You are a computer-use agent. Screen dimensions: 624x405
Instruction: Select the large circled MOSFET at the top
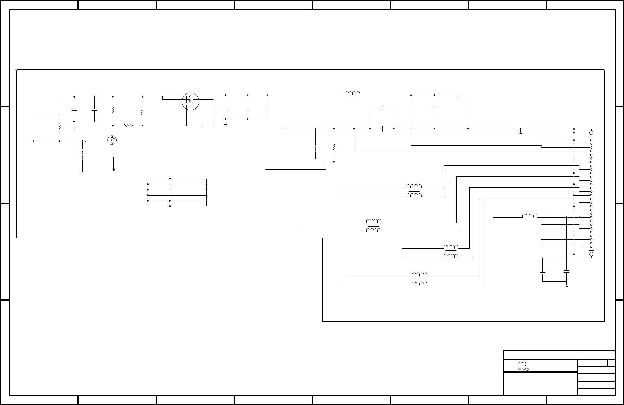(190, 101)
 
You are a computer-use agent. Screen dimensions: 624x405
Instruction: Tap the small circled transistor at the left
(112, 140)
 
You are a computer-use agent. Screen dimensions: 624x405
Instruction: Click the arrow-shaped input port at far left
(31, 141)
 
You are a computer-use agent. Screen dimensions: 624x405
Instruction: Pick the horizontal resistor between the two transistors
(128, 125)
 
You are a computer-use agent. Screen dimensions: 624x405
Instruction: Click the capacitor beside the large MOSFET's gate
(203, 125)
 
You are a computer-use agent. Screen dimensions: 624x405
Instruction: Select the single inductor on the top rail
(352, 93)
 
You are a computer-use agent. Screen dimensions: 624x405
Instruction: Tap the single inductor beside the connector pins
(530, 215)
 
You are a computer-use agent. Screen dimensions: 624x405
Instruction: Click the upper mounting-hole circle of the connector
(591, 133)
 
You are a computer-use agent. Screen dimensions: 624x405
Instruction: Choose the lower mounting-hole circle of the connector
(591, 254)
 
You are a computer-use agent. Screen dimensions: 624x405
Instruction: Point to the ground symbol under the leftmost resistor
(82, 173)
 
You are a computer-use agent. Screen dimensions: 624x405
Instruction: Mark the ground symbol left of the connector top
(520, 133)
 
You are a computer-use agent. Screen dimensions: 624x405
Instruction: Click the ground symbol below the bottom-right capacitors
(567, 286)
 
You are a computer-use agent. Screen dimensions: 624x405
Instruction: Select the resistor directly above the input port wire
(60, 127)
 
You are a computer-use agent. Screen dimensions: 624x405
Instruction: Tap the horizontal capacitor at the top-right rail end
(458, 95)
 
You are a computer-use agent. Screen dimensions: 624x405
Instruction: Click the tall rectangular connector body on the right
(591, 193)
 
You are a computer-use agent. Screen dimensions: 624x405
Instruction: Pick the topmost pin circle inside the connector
(591, 140)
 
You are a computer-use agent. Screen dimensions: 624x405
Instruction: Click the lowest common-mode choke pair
(420, 280)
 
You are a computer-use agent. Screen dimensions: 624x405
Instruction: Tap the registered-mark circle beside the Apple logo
(528, 370)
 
